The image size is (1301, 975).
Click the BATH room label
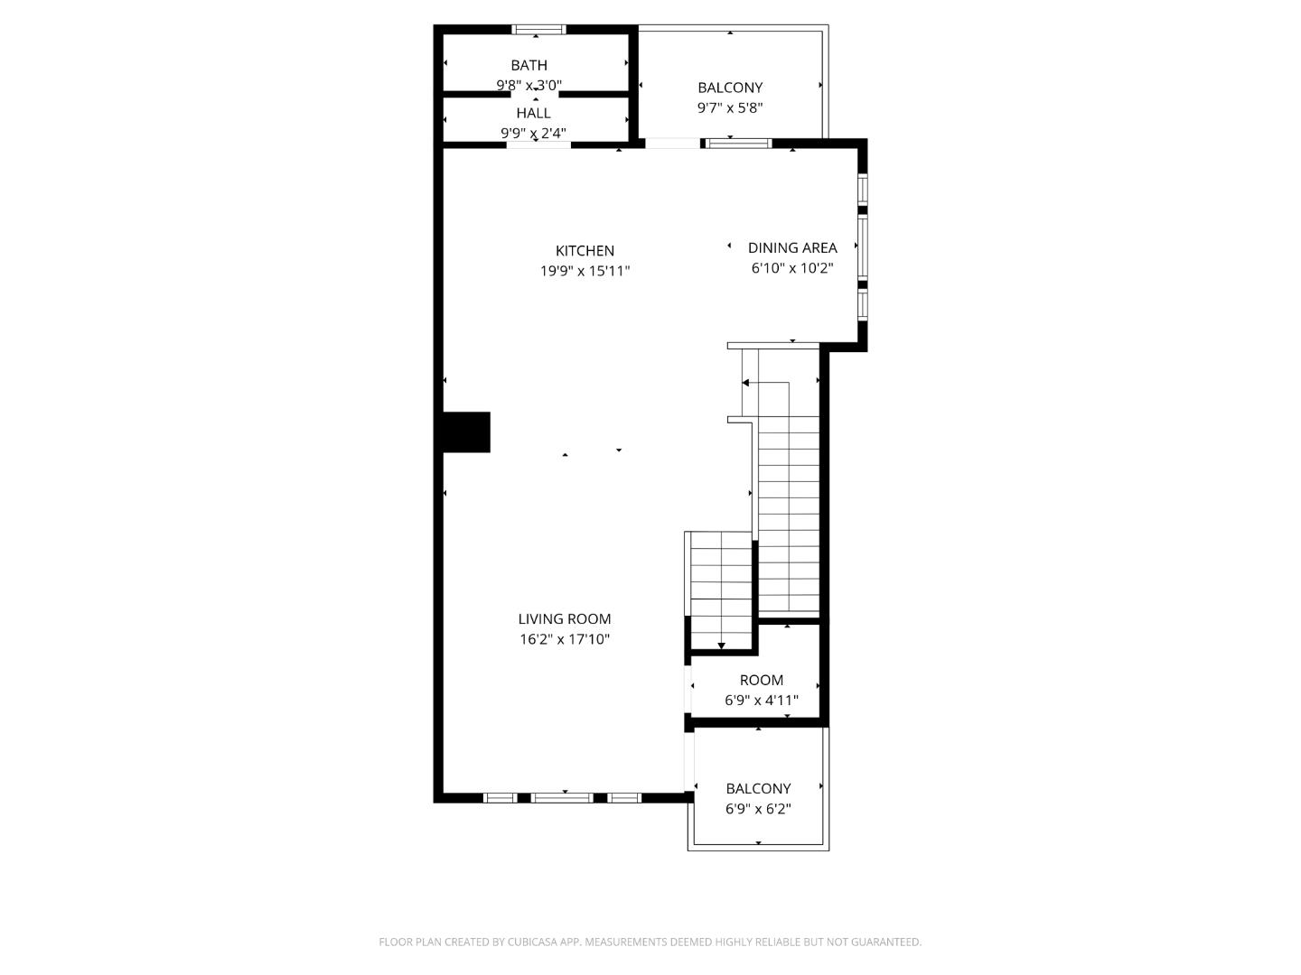point(529,65)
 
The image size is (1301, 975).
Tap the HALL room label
point(533,113)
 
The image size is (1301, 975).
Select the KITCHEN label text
point(585,251)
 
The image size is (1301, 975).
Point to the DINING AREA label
point(792,247)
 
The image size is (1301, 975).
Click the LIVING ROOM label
point(564,619)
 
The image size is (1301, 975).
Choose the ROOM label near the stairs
point(761,681)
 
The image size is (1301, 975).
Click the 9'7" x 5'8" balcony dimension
point(730,108)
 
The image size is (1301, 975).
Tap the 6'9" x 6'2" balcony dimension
point(758,809)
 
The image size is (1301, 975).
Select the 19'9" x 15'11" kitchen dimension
point(585,271)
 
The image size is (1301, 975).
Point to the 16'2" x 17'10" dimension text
point(565,640)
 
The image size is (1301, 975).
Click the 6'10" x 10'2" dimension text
point(792,268)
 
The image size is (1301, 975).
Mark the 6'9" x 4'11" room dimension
point(762,701)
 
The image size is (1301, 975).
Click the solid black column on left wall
point(466,432)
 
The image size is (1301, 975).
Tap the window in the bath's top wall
point(539,30)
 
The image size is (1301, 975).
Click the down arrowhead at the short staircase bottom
point(722,645)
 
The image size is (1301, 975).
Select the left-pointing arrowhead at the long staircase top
point(745,383)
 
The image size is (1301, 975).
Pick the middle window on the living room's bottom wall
point(562,798)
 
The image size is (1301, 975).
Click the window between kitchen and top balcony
point(738,143)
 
